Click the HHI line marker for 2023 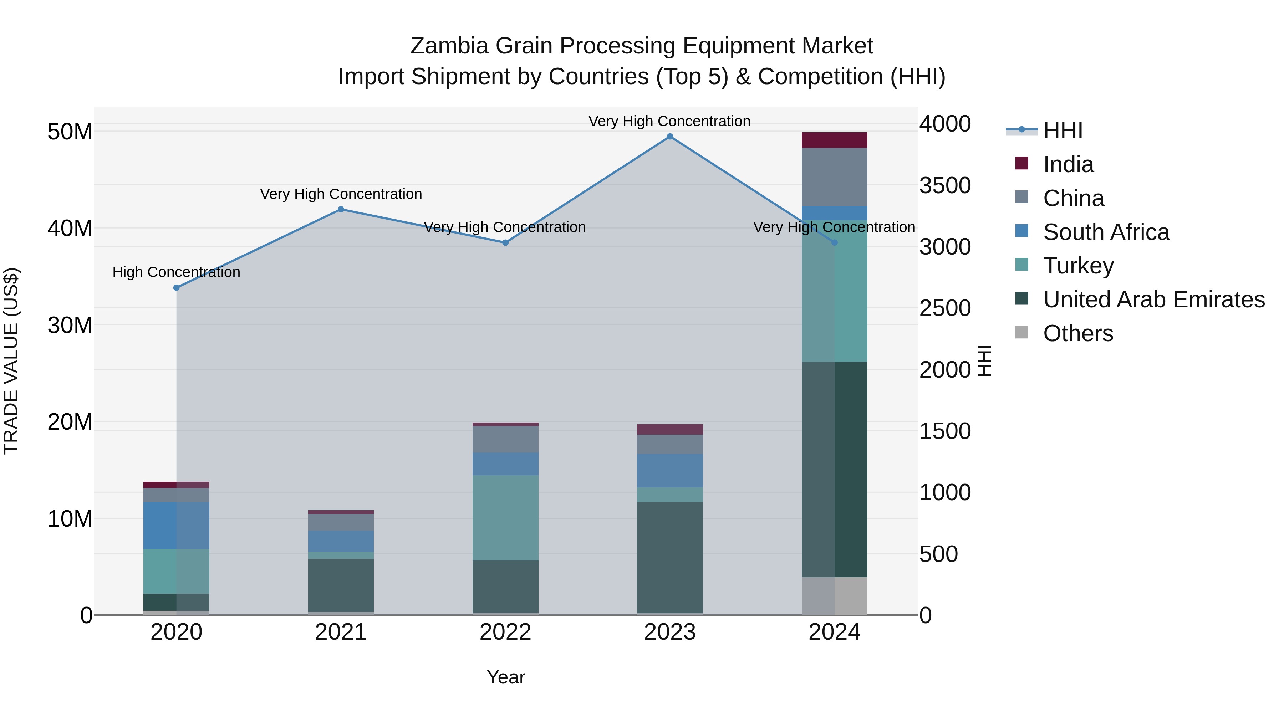[670, 137]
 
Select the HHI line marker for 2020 [177, 287]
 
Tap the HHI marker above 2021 [341, 209]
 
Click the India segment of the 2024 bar [834, 140]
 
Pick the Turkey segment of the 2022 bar [505, 518]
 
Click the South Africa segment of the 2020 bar [177, 525]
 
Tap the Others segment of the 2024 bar [834, 595]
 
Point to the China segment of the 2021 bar [341, 522]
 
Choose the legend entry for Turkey [1078, 266]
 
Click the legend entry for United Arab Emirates [1153, 299]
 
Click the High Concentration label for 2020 [177, 272]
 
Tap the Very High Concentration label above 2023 [669, 121]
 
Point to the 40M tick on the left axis [70, 228]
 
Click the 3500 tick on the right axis [944, 185]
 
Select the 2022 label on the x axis [505, 632]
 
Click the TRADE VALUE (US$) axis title [11, 361]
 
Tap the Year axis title [505, 677]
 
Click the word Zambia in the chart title [449, 46]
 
